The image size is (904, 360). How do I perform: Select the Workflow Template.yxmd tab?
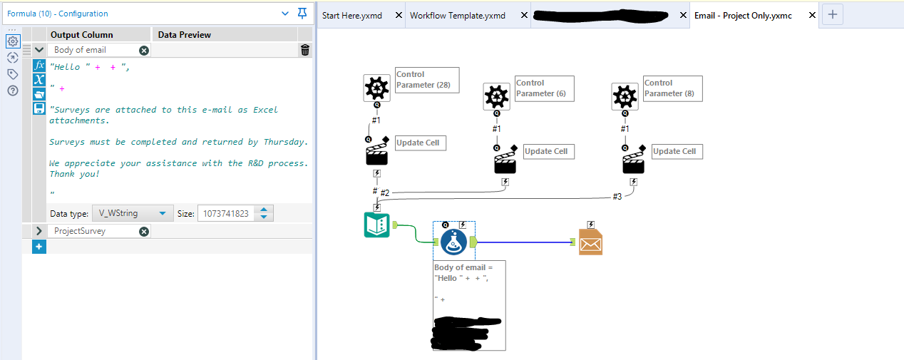point(457,15)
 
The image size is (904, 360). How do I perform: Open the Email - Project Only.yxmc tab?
point(743,15)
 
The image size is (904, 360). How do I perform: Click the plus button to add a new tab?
point(833,14)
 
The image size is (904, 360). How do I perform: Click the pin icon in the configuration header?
point(302,14)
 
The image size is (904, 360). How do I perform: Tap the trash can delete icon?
point(305,50)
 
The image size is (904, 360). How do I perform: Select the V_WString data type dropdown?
point(133,213)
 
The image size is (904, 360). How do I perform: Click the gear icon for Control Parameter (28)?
point(376,88)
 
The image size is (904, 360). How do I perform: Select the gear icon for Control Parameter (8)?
point(625,96)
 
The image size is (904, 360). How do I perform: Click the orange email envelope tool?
point(590,242)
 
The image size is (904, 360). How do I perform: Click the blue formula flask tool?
point(454,242)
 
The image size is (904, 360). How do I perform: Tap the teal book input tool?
point(376,225)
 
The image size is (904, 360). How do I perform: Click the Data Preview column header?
point(184,34)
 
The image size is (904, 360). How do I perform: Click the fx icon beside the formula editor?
point(39,65)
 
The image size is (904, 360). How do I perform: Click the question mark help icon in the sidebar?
point(12,90)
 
